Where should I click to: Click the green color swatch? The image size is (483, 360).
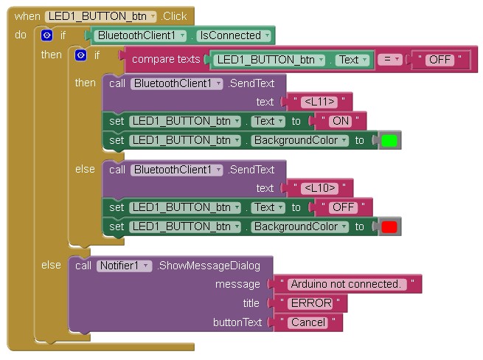click(390, 141)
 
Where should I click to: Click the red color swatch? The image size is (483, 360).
click(390, 227)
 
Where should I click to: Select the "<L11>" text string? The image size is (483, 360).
click(319, 102)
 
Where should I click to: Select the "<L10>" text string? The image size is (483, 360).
click(319, 188)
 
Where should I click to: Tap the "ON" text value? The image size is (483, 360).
click(340, 121)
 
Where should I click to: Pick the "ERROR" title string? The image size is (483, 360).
click(310, 303)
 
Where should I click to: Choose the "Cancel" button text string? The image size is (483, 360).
click(308, 322)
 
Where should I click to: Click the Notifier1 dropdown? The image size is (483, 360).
click(124, 265)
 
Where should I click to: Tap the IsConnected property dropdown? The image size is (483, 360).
click(232, 35)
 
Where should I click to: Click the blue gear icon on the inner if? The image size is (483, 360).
click(81, 55)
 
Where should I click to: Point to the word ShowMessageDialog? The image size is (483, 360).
click(214, 265)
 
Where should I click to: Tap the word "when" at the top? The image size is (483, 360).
click(27, 15)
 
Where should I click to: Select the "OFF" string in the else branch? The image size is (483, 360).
click(344, 207)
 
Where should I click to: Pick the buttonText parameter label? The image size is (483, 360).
click(237, 322)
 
